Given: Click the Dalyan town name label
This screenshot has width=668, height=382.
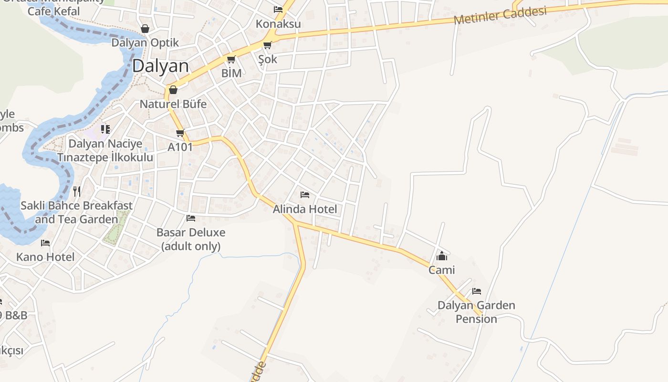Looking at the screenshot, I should [x=160, y=66].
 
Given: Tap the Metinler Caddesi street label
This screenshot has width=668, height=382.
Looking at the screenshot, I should [x=500, y=15].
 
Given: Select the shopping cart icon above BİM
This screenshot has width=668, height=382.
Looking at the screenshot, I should [x=231, y=60].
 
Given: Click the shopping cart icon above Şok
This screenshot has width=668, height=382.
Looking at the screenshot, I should [x=267, y=45].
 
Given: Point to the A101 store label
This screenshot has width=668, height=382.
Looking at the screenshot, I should [x=180, y=147].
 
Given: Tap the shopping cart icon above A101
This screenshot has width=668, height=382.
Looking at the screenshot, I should [x=180, y=133].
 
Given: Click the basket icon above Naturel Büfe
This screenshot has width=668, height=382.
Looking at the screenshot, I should [x=173, y=90].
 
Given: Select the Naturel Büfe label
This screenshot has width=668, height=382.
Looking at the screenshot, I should [x=173, y=104].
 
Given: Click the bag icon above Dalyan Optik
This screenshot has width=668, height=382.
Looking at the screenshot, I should [x=145, y=29].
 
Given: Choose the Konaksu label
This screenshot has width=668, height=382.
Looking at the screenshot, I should [x=278, y=24].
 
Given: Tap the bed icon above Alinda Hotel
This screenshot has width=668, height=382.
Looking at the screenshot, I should [x=305, y=195].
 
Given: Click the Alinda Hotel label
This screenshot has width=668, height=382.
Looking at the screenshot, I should [x=305, y=209].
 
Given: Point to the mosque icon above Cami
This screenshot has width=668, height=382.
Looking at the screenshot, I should [x=442, y=256].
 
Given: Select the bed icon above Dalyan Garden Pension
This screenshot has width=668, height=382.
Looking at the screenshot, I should [x=476, y=291].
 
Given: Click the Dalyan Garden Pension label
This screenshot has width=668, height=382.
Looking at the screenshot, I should [x=476, y=312].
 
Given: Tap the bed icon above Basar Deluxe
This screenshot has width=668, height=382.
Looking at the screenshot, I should [x=191, y=218].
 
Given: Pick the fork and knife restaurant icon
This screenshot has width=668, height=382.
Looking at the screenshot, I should [x=76, y=191].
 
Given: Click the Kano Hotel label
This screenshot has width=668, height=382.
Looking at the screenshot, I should [x=45, y=257].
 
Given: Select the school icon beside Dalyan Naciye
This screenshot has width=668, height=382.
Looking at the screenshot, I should [x=105, y=129].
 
